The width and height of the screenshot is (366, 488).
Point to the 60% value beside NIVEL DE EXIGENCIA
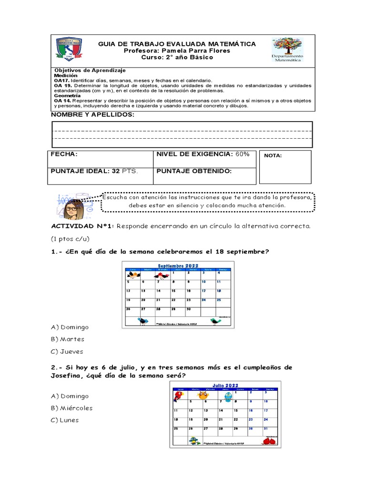[x=242, y=154]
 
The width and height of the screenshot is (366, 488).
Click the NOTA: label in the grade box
[x=273, y=155]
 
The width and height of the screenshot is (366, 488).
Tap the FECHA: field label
[x=64, y=154]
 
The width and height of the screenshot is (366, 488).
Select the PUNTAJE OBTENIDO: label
[x=193, y=170]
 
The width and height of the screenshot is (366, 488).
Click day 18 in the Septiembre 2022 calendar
[x=219, y=290]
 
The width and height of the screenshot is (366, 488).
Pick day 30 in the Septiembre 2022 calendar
[x=189, y=309]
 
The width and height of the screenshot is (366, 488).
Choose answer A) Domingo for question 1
[x=70, y=327]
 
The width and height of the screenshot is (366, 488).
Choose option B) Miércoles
[x=71, y=408]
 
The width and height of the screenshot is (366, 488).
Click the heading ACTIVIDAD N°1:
[x=82, y=226]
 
